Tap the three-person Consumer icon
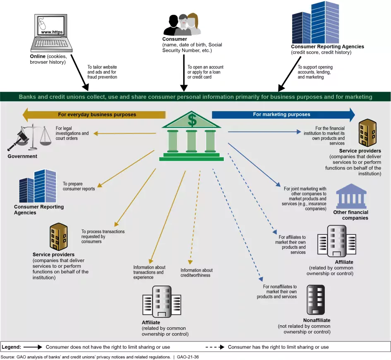pyautogui.click(x=182, y=25)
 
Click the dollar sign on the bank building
pyautogui.click(x=192, y=120)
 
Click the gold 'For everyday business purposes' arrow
pyautogui.click(x=94, y=114)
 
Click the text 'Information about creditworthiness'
pyautogui.click(x=196, y=273)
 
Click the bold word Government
pyautogui.click(x=22, y=156)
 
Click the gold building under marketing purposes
pyautogui.click(x=367, y=133)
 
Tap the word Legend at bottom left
pyautogui.click(x=11, y=347)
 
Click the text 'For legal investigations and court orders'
pyautogui.click(x=72, y=133)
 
